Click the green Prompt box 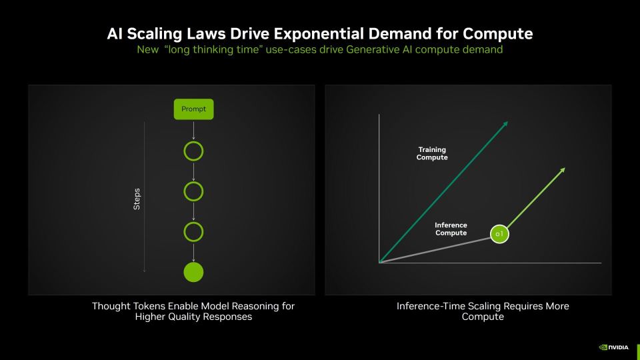(x=193, y=109)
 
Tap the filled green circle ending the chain (x=193, y=272)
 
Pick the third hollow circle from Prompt (x=193, y=223)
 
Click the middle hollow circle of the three (x=193, y=182)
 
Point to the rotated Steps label (x=137, y=199)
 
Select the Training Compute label (x=432, y=153)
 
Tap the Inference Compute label (x=451, y=229)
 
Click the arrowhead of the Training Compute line (x=506, y=123)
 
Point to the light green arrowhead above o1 (x=563, y=170)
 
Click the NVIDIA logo (x=614, y=347)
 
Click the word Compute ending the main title (x=497, y=34)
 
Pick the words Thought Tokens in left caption (x=129, y=306)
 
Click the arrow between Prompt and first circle (x=193, y=130)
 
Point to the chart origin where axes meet (x=379, y=263)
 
